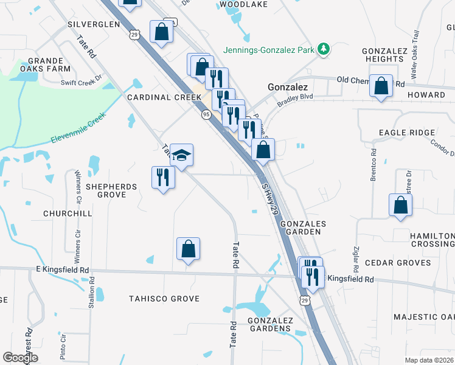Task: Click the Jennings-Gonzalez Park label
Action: click(x=270, y=49)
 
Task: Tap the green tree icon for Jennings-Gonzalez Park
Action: click(x=324, y=49)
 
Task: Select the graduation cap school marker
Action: click(x=181, y=155)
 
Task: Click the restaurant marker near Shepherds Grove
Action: click(x=162, y=177)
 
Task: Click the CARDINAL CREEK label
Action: click(x=164, y=97)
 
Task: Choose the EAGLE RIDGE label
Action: click(x=407, y=133)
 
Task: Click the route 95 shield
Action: click(x=207, y=114)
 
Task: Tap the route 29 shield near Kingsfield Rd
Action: click(x=304, y=300)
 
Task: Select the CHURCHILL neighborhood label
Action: click(x=68, y=214)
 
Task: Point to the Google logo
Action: click(x=20, y=358)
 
